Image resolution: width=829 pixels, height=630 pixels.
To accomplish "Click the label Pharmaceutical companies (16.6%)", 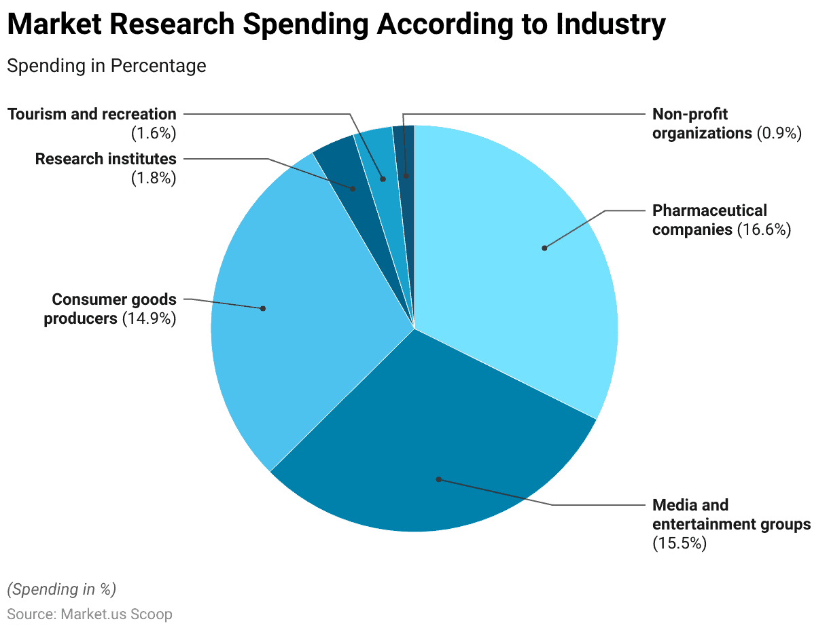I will [722, 220].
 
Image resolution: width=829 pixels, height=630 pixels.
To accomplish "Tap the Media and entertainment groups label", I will [731, 524].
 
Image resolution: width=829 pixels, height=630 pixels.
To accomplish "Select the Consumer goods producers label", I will [110, 309].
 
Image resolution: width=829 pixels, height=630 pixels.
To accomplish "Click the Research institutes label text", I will [105, 159].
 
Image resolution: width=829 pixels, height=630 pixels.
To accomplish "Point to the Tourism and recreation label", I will [92, 114].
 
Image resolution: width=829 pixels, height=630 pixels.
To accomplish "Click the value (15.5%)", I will [680, 543].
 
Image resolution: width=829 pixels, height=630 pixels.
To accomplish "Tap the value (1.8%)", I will [154, 179].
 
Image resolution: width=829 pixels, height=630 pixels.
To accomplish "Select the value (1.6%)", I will [154, 133].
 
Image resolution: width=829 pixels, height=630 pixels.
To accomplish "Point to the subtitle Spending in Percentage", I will [107, 66].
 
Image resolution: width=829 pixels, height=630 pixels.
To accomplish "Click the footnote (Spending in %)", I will [62, 589].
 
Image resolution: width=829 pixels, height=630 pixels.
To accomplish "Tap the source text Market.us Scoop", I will [116, 614].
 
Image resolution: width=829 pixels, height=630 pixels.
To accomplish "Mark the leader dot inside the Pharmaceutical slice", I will [544, 248].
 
